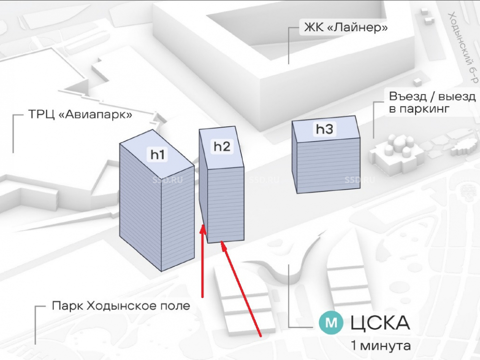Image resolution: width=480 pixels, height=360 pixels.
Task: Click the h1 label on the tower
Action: [158, 154]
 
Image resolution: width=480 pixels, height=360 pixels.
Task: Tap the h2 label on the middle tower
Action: [222, 146]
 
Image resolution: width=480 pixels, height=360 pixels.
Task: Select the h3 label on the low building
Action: [324, 129]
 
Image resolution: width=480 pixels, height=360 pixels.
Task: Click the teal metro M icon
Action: [331, 323]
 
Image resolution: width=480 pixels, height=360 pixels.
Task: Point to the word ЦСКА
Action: [380, 323]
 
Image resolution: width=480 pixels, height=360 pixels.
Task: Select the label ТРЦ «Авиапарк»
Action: [73, 116]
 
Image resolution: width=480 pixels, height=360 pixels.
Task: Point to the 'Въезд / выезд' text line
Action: [432, 96]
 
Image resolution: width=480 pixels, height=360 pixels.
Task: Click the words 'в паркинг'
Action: [419, 109]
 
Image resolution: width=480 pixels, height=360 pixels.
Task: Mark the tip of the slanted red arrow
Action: [223, 244]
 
